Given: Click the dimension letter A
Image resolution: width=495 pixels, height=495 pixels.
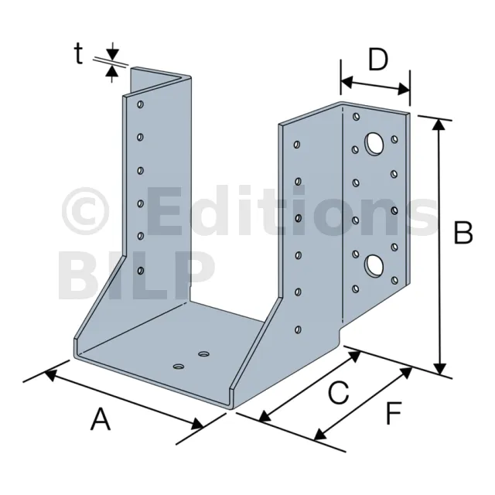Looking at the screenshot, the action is pyautogui.click(x=101, y=419).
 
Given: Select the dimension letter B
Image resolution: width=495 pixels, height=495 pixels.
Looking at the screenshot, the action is pyautogui.click(x=463, y=232).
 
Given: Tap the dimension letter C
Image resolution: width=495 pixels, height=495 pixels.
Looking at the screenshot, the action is pyautogui.click(x=339, y=392).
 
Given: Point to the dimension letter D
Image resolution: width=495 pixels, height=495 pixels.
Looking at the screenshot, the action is pyautogui.click(x=378, y=60).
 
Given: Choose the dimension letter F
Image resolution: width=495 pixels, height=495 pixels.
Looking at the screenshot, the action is pyautogui.click(x=394, y=412).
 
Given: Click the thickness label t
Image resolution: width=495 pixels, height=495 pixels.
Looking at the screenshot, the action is pyautogui.click(x=78, y=53).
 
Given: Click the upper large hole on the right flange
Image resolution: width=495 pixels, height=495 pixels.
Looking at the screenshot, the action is pyautogui.click(x=374, y=144).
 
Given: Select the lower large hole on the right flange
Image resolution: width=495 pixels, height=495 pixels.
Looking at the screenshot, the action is pyautogui.click(x=374, y=265).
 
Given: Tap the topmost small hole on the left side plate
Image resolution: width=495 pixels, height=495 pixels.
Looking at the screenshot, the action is pyautogui.click(x=140, y=104).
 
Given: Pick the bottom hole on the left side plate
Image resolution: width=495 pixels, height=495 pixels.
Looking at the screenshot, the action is pyautogui.click(x=141, y=271).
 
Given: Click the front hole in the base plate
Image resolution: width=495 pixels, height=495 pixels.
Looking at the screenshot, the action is pyautogui.click(x=179, y=366).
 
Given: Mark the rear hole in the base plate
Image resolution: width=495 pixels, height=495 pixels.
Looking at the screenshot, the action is pyautogui.click(x=204, y=353).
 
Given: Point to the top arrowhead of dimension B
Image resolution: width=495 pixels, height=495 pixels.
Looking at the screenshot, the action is pyautogui.click(x=439, y=125).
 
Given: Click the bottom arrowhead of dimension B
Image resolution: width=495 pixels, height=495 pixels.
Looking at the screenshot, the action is pyautogui.click(x=440, y=369).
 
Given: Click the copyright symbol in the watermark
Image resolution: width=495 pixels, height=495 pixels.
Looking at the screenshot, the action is pyautogui.click(x=85, y=211).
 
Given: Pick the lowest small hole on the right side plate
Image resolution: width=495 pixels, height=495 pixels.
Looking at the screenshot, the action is pyautogui.click(x=298, y=329).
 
